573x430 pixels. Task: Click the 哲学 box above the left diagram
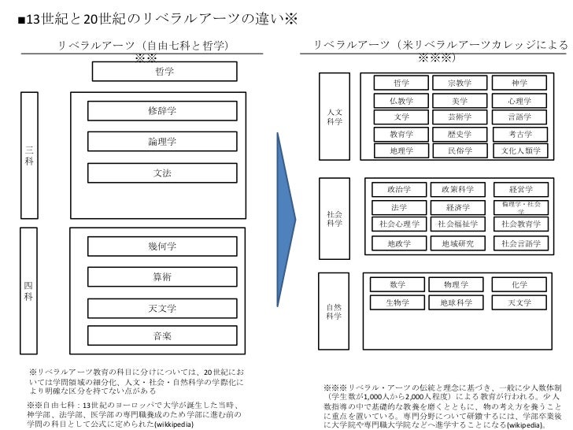coord(165,72)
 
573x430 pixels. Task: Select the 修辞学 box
coord(162,111)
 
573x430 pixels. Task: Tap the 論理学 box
coord(162,142)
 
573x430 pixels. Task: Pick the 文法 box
coord(162,172)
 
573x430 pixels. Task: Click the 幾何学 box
coord(162,247)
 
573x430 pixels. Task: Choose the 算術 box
coord(162,277)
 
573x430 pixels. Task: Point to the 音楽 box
coord(162,336)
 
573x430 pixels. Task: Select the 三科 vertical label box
coord(29,154)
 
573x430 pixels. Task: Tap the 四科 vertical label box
coord(29,291)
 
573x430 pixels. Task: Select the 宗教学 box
coord(460,83)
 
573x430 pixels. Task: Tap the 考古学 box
coord(520,134)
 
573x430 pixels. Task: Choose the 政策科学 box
coord(458,190)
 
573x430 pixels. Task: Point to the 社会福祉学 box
coord(458,224)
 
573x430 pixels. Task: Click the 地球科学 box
coord(457,302)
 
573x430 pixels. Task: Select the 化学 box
coord(519,284)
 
